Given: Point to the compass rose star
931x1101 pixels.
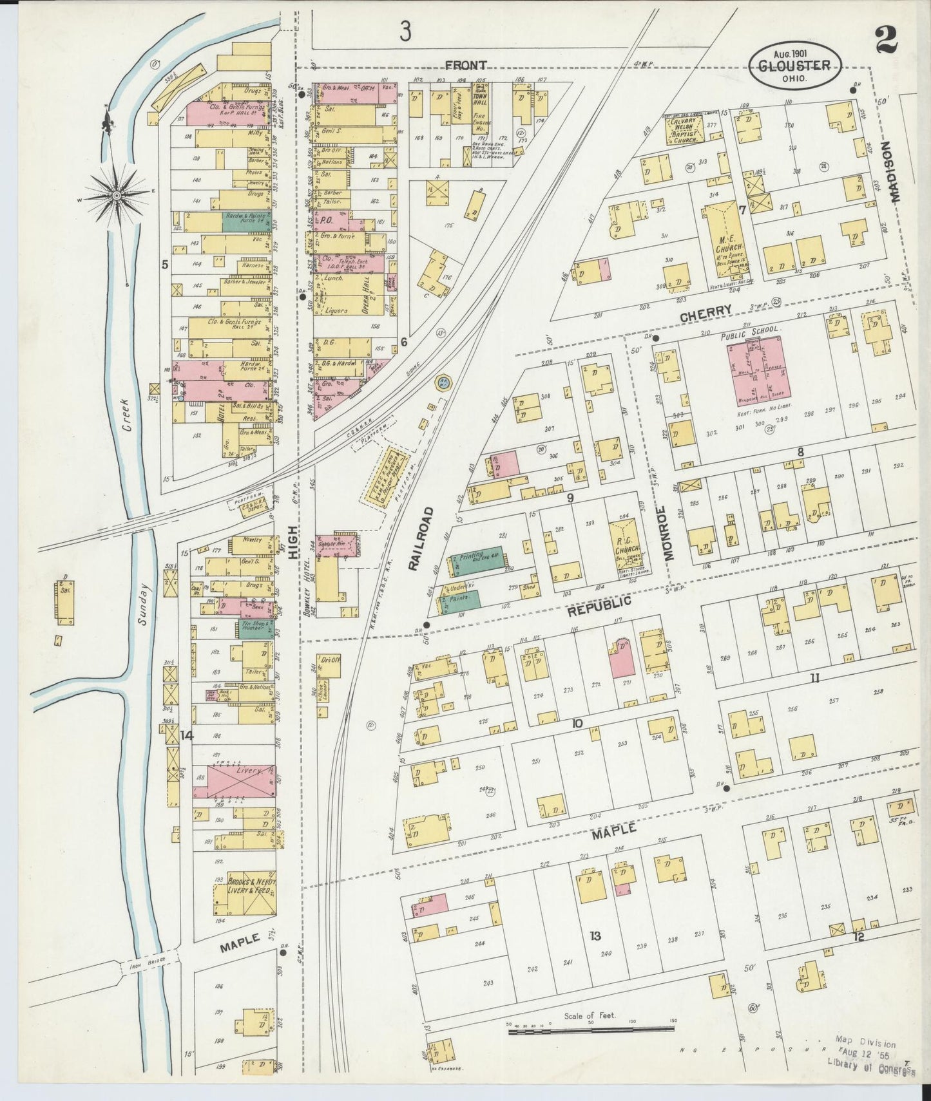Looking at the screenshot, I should pyautogui.click(x=116, y=194).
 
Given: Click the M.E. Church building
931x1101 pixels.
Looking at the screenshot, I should pyautogui.click(x=729, y=240).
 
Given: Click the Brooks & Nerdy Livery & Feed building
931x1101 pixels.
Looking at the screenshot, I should pyautogui.click(x=244, y=894).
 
